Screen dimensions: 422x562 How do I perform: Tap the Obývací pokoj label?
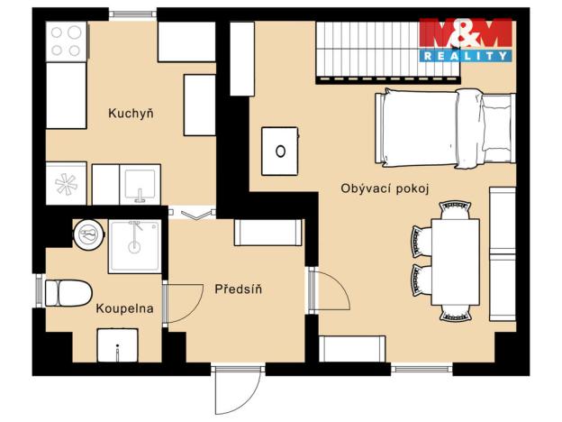click(384, 188)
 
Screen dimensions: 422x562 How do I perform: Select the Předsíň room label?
click(238, 289)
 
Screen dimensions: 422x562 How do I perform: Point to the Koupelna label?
click(124, 308)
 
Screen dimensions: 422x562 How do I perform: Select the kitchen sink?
click(140, 184)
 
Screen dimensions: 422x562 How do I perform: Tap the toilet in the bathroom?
click(67, 292)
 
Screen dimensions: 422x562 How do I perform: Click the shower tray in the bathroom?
click(135, 246)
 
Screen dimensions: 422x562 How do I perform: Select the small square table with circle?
click(281, 151)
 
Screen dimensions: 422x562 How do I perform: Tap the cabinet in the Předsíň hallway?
click(267, 233)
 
